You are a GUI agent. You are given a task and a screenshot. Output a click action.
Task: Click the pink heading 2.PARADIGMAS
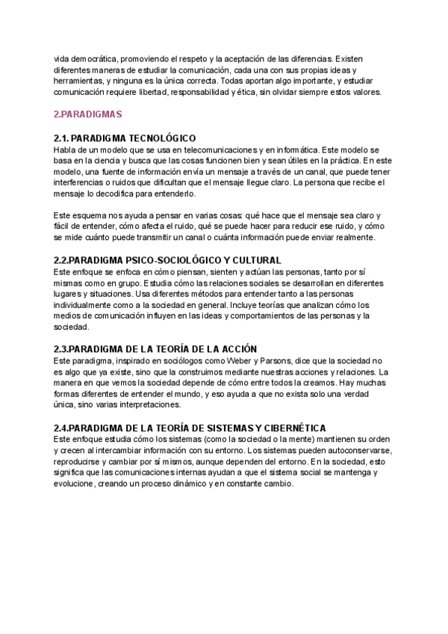(x=87, y=114)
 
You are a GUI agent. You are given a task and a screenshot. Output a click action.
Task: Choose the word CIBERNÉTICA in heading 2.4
(x=291, y=428)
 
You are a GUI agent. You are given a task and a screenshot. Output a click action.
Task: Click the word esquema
(x=91, y=215)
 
